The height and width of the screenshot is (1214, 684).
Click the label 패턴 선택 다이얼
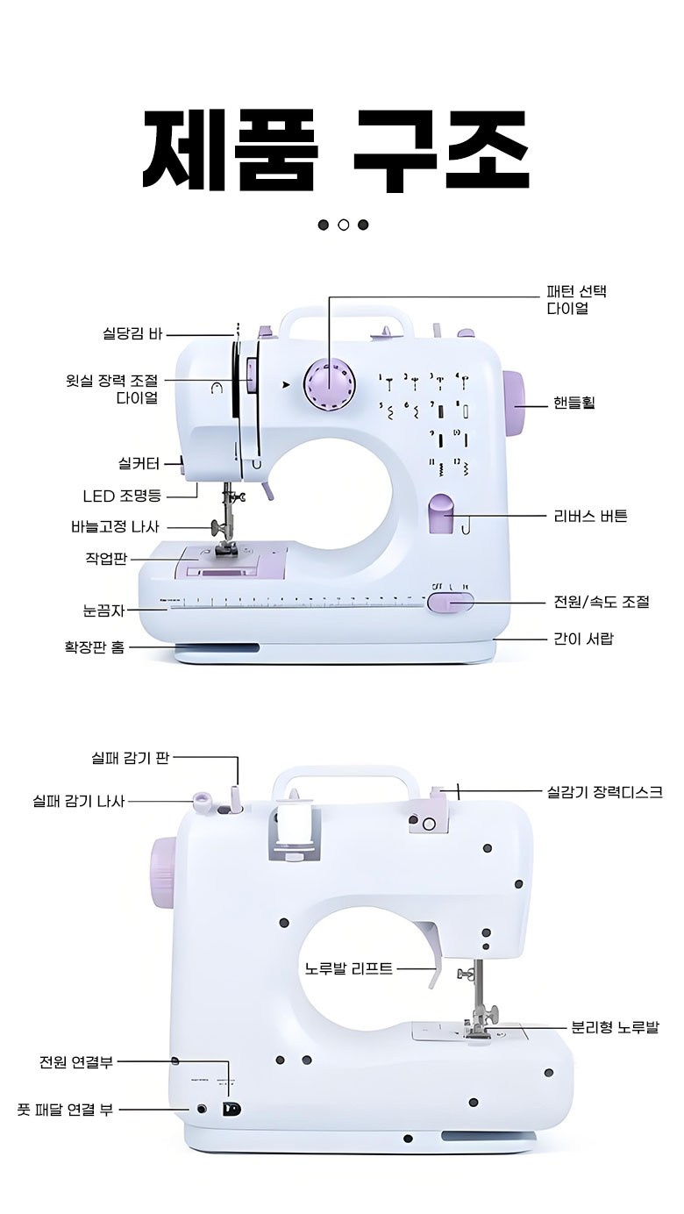click(x=576, y=300)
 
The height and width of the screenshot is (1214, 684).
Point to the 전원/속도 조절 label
click(x=602, y=602)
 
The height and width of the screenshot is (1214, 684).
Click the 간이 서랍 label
click(x=583, y=639)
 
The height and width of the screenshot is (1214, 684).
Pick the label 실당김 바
click(x=133, y=334)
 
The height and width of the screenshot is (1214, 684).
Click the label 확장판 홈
click(x=95, y=647)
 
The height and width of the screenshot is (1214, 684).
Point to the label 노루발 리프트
click(x=349, y=969)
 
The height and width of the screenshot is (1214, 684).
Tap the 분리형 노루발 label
click(x=615, y=1027)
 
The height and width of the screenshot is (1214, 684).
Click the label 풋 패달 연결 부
click(x=65, y=1109)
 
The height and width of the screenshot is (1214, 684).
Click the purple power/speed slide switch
click(x=450, y=602)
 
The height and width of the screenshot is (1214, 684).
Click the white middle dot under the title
click(x=343, y=225)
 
